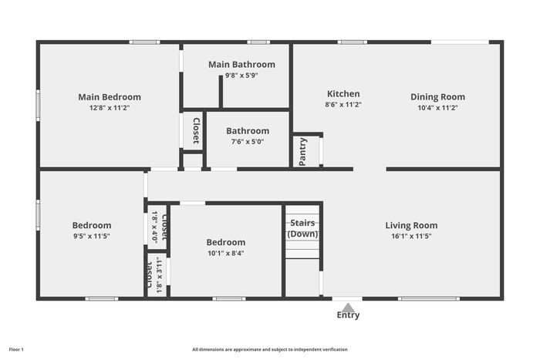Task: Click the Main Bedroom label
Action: pyautogui.click(x=110, y=97)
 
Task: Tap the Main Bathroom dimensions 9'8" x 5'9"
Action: pyautogui.click(x=241, y=76)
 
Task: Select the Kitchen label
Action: pyautogui.click(x=343, y=93)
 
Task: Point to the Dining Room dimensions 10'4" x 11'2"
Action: pyautogui.click(x=437, y=108)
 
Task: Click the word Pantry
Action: pyautogui.click(x=302, y=152)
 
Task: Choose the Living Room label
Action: pyautogui.click(x=411, y=225)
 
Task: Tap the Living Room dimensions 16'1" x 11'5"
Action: pyautogui.click(x=411, y=236)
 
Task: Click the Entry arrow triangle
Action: pyautogui.click(x=348, y=308)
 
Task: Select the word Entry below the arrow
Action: pyautogui.click(x=348, y=315)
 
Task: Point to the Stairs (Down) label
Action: pyautogui.click(x=302, y=228)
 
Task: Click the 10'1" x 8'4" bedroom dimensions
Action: pyautogui.click(x=226, y=254)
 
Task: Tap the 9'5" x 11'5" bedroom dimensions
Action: pyautogui.click(x=92, y=236)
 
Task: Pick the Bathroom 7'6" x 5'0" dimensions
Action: pyautogui.click(x=248, y=141)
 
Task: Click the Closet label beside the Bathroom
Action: pyautogui.click(x=196, y=131)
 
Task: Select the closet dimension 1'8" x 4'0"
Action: pyautogui.click(x=154, y=227)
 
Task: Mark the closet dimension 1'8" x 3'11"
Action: pyautogui.click(x=159, y=274)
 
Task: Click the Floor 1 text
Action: pyautogui.click(x=16, y=350)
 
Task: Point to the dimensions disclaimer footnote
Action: pyautogui.click(x=270, y=350)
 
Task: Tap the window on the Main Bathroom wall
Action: pyautogui.click(x=258, y=42)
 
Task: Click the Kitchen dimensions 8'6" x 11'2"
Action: pyautogui.click(x=343, y=105)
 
